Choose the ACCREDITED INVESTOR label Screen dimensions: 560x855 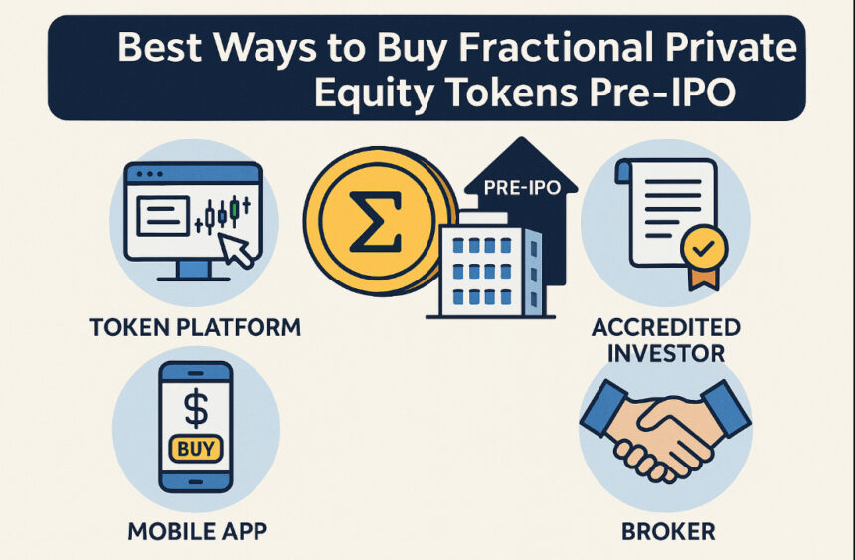tap(666, 339)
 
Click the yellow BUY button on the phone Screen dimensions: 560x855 tap(196, 449)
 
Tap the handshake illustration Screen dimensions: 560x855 tap(665, 429)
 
